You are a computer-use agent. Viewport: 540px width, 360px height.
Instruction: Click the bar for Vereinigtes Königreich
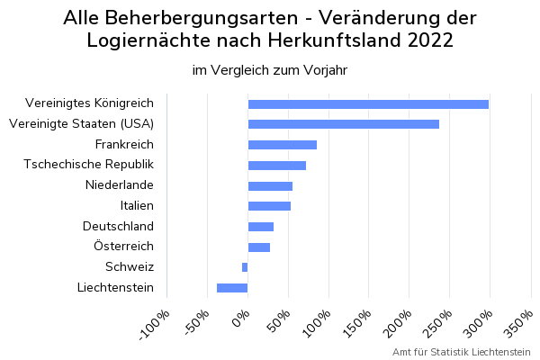(x=368, y=103)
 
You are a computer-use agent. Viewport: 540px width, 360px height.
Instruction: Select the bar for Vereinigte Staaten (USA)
(x=344, y=124)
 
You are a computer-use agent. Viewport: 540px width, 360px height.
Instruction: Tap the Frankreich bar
(x=283, y=145)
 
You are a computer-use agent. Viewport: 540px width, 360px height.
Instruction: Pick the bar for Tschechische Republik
(x=277, y=166)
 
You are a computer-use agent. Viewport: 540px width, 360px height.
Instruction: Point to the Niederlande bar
(x=270, y=186)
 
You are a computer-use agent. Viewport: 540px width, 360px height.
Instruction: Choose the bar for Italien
(x=269, y=206)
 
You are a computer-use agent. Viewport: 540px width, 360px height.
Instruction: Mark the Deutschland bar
(x=261, y=227)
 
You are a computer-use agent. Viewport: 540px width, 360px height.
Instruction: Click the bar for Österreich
(x=259, y=247)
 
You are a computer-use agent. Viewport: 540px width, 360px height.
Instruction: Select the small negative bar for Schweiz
(x=245, y=267)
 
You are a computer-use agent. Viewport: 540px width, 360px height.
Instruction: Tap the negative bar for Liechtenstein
(x=232, y=288)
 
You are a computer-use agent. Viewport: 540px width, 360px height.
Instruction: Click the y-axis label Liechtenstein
(x=115, y=288)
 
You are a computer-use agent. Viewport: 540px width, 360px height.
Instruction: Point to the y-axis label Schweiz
(x=130, y=267)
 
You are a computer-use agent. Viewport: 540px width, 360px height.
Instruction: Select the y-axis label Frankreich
(x=124, y=145)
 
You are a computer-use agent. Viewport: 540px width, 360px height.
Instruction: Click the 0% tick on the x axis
(x=240, y=318)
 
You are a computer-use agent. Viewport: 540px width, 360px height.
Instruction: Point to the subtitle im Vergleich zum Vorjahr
(x=270, y=70)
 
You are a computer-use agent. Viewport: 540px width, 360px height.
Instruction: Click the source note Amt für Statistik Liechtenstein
(x=461, y=351)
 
